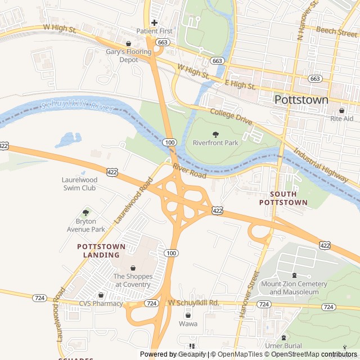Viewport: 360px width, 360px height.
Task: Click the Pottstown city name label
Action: click(x=301, y=100)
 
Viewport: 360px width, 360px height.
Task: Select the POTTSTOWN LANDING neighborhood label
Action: click(x=98, y=251)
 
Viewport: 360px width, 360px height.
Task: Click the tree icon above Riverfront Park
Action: click(x=215, y=134)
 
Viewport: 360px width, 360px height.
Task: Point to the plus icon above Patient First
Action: click(x=154, y=22)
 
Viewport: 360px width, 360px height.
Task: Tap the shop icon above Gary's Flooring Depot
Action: click(x=129, y=43)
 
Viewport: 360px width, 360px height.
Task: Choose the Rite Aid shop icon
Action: click(x=341, y=110)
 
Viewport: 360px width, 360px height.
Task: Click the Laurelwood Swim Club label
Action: click(x=79, y=183)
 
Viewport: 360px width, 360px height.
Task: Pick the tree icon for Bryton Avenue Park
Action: click(x=85, y=213)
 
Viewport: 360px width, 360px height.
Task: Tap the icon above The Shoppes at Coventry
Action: click(x=133, y=268)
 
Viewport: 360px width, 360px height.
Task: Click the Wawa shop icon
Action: click(x=188, y=315)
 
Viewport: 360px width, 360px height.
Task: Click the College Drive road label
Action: click(x=231, y=116)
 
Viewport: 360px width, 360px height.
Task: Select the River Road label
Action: click(x=190, y=171)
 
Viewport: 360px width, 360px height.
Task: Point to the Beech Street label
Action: click(x=336, y=31)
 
